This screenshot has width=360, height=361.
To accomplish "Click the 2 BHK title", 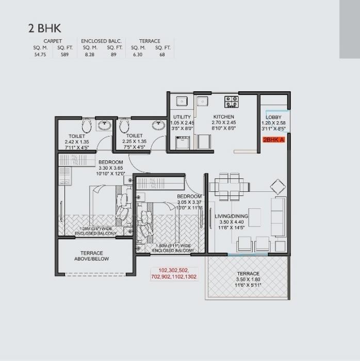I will pos(45,28).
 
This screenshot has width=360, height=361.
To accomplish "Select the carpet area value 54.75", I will pos(40,54).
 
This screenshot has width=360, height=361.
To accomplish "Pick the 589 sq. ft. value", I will pos(64,54).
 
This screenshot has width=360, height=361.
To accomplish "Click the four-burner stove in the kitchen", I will pos(231,101).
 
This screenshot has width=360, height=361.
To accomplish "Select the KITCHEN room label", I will pos(224,117).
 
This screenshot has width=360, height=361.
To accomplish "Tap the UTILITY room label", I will pos(182,117).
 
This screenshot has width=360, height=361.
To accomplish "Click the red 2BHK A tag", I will pos(273,140).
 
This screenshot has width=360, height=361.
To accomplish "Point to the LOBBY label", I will pos(273,118).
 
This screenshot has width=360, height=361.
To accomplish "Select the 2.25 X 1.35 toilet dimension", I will pos(134,142).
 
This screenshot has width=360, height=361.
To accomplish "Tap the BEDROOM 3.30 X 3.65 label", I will pos(110,168).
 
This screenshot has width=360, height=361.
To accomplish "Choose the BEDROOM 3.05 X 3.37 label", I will pos(189,203).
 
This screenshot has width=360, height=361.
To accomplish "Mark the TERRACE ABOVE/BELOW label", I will pos(91,256).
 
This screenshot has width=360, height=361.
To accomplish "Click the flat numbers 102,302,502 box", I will pos(174,273).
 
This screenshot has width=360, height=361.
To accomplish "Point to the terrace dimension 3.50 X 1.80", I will pos(248,280).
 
